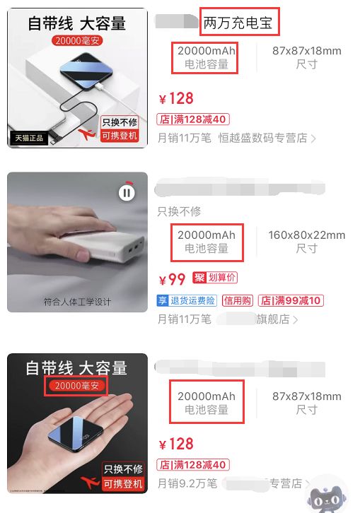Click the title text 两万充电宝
click(240, 23)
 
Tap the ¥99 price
click(172, 279)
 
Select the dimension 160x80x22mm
click(306, 235)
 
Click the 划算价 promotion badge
click(216, 278)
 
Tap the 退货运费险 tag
click(187, 300)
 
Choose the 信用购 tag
click(237, 300)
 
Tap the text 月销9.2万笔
click(184, 483)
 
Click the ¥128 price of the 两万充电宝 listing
click(175, 98)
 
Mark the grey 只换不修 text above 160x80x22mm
click(179, 211)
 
